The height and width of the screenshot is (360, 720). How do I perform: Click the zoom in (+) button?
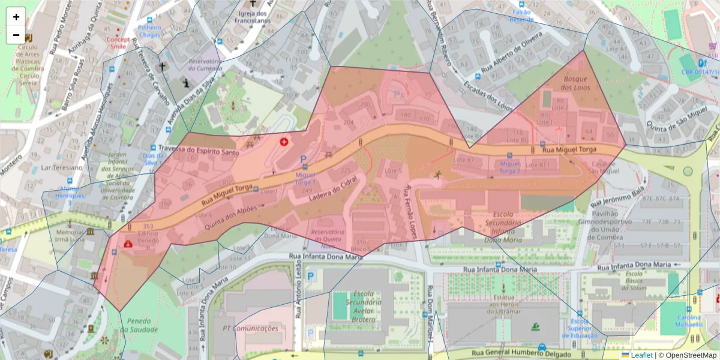[x=16, y=17]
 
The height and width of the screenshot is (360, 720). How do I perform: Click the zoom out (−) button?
[x=16, y=35]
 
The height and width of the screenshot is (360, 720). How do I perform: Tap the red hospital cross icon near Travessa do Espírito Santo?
[x=284, y=142]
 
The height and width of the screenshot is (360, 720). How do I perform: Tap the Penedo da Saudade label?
[x=139, y=325]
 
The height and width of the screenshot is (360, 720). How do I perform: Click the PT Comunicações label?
[x=250, y=328]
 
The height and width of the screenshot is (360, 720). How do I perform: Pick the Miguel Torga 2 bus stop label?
[x=510, y=167]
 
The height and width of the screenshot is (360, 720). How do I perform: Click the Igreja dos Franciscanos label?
[x=251, y=16]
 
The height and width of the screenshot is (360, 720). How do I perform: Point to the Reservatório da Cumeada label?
[x=205, y=65]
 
